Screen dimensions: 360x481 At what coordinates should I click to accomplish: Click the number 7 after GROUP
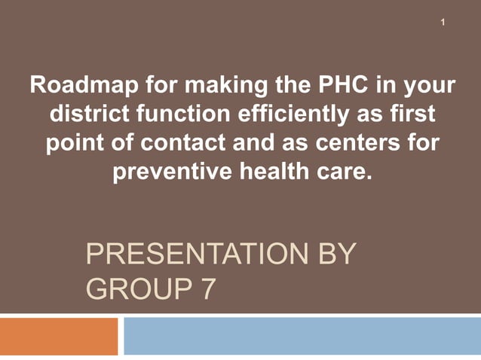point(207,288)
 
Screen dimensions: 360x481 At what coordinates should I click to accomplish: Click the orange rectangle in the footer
point(59,336)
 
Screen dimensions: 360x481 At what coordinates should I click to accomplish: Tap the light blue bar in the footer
point(302,336)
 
